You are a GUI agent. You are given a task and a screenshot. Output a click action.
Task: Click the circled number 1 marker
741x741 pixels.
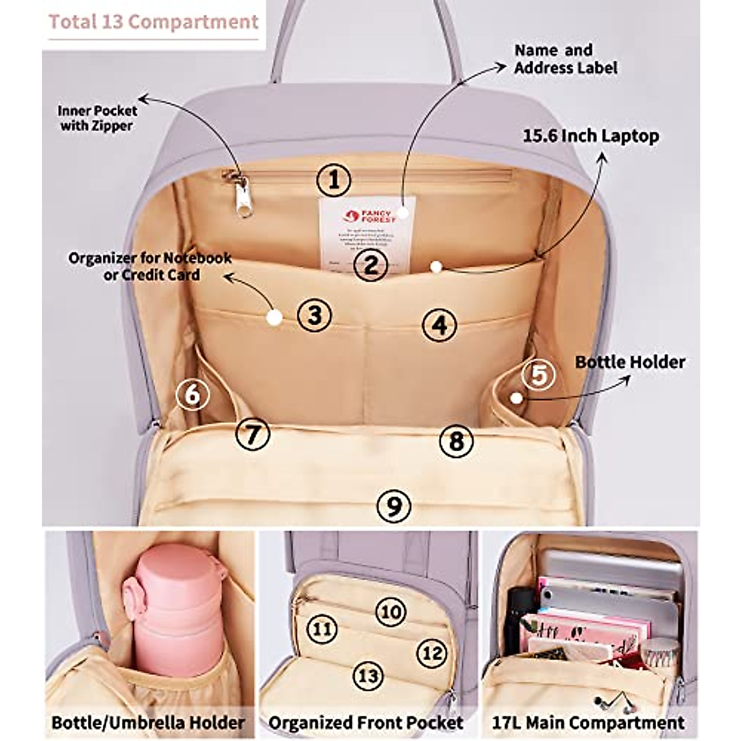click(x=334, y=180)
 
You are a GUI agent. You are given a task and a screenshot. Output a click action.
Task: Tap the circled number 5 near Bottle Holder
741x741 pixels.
click(x=538, y=375)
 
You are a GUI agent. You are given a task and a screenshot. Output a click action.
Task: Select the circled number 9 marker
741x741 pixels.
click(x=393, y=506)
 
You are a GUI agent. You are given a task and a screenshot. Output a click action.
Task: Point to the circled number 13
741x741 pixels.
click(x=368, y=676)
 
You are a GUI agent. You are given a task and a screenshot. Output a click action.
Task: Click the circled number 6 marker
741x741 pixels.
click(x=192, y=393)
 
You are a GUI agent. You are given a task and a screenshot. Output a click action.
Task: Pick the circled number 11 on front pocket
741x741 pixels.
click(x=322, y=629)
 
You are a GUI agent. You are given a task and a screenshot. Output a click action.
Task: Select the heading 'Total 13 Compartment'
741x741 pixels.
click(x=153, y=22)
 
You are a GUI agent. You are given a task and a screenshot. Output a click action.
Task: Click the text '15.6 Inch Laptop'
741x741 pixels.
click(x=591, y=136)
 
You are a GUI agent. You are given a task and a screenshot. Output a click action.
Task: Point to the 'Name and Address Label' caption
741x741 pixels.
click(x=565, y=59)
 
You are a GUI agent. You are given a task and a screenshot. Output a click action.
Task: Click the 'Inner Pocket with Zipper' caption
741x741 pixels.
click(x=97, y=118)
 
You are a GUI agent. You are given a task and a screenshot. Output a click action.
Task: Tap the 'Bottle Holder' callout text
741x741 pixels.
click(x=630, y=362)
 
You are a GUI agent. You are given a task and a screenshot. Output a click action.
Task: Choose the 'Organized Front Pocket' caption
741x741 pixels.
click(x=366, y=722)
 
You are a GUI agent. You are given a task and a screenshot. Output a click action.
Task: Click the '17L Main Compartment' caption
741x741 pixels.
click(x=588, y=722)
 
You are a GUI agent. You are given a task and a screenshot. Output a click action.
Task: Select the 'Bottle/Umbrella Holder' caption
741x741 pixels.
click(x=148, y=722)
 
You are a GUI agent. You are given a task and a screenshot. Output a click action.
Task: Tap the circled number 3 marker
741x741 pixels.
click(x=315, y=314)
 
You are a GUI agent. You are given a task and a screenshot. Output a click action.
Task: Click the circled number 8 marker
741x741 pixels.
click(x=456, y=441)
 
